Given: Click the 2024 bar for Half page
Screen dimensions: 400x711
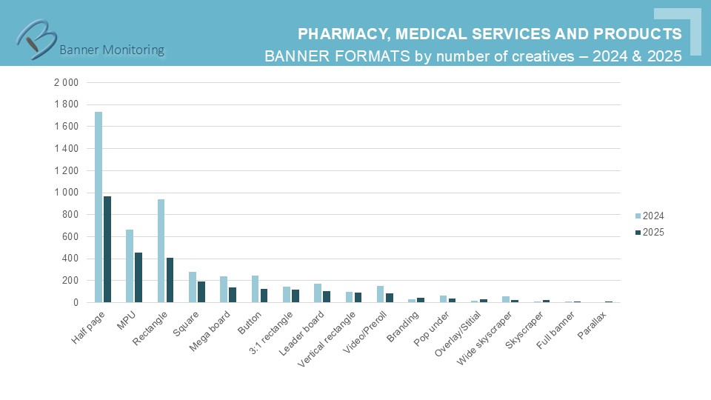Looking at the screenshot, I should point(99,207).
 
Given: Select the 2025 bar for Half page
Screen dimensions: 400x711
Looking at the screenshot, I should point(107,250).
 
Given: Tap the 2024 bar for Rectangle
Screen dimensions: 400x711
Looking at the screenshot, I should point(161,251).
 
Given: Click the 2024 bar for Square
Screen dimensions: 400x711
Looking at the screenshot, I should point(193,287).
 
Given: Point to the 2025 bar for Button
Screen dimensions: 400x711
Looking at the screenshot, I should point(264,296).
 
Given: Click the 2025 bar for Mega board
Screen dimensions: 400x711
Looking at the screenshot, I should point(233,295).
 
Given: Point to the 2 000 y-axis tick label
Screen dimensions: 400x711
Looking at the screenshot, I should point(66,82).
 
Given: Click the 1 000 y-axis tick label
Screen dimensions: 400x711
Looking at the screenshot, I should point(66,193).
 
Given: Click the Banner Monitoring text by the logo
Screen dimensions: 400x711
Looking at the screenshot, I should point(112,50).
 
